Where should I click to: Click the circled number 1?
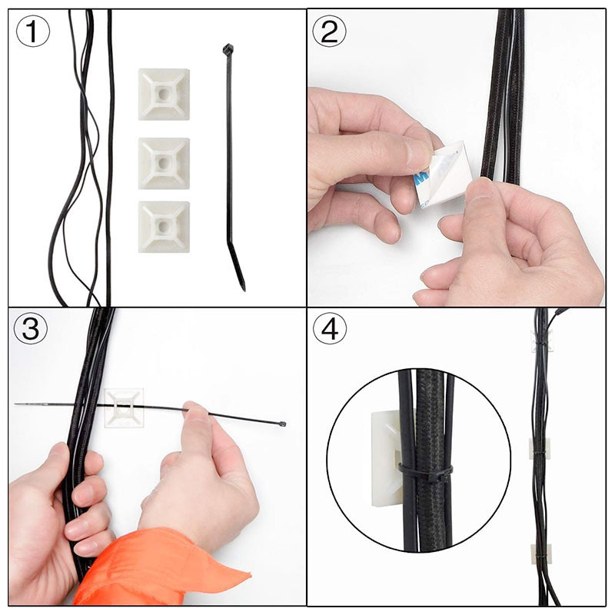coord(33,31)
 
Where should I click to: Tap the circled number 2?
coord(329,31)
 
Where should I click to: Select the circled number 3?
coord(31,328)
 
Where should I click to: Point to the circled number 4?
coord(330,328)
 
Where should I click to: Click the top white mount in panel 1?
coord(164,95)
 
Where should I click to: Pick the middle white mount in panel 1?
coord(164,163)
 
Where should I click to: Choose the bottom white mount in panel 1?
coord(164,227)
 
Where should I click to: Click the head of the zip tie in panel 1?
coord(228,49)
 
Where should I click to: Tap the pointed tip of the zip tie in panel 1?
coord(244,289)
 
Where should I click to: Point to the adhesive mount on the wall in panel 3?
coord(124,408)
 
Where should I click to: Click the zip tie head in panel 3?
coord(283,424)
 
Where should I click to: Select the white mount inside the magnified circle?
coord(388,459)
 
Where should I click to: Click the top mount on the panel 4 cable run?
coord(541,341)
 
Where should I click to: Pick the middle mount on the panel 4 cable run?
coord(537,448)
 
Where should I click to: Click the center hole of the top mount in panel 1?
coord(164,95)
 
